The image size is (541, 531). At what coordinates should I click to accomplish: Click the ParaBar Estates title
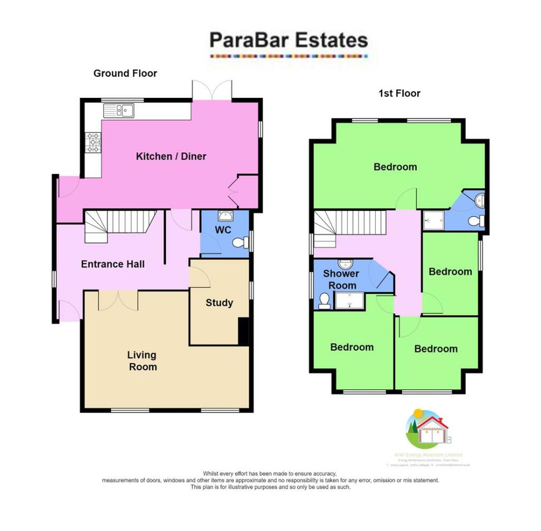coord(288,40)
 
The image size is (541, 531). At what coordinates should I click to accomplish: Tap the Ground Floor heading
coord(125,74)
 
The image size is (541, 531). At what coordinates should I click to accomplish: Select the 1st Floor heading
coord(399,94)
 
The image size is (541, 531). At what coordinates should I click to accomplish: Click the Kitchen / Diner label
coord(171,157)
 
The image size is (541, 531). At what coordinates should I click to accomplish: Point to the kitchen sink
coord(119,110)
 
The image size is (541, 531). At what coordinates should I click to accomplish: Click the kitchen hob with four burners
coord(94,142)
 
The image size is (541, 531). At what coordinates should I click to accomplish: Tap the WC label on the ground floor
coord(222,231)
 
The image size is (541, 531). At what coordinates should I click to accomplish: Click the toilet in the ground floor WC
coord(242,243)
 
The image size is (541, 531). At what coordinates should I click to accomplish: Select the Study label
coord(219,303)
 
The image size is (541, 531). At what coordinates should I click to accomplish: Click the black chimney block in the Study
coord(244,331)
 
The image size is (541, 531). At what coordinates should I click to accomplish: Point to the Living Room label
coord(143,361)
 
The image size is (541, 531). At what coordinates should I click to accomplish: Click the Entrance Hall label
coord(113,264)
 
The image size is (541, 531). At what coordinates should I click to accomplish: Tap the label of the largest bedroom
coord(395,167)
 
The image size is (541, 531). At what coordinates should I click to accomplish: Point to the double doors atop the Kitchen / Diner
coord(212,89)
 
